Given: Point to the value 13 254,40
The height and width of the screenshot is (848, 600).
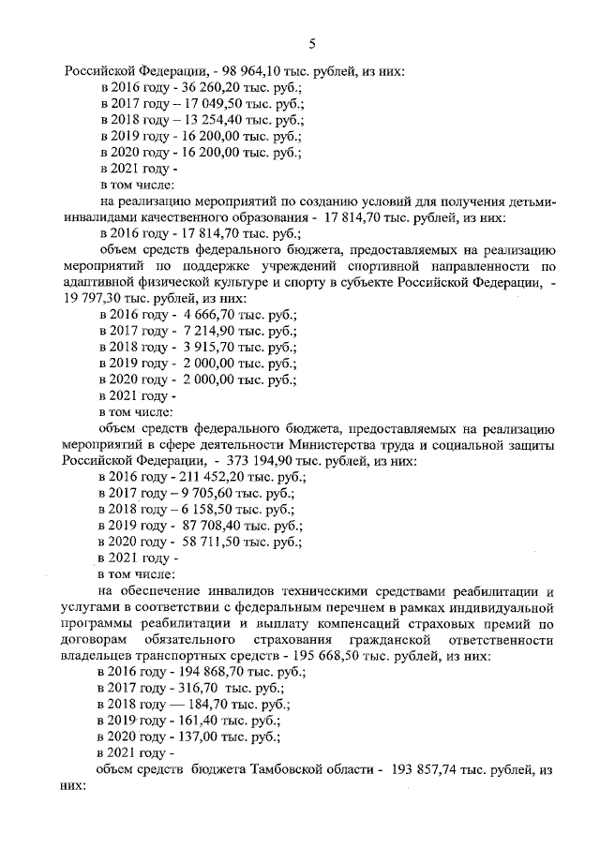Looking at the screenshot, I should click(x=202, y=119).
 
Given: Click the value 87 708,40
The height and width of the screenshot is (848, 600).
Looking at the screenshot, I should click(x=208, y=527).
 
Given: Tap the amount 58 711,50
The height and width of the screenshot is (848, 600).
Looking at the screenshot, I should click(x=208, y=543).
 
